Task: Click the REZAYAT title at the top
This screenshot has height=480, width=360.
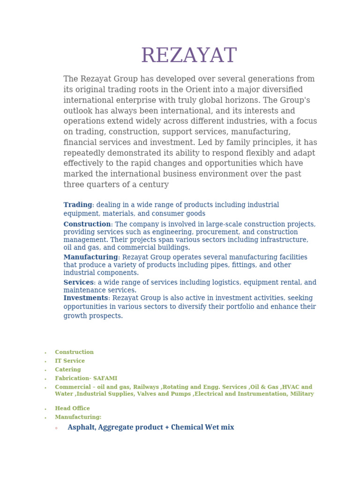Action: pos(189,56)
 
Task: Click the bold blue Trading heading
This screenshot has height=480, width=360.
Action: pos(78,205)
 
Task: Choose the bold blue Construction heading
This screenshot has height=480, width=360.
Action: pos(87,224)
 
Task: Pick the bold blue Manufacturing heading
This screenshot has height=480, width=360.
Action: pos(90,257)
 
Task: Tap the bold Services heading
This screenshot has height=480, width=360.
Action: pos(78,282)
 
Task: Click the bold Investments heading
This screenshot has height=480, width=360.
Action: pos(86,298)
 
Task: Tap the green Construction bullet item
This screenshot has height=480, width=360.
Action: pos(74,352)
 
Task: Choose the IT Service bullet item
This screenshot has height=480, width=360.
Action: pos(70,361)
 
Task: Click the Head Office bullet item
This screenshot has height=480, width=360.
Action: pos(72,408)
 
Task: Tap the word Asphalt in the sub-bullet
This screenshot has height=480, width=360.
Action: pos(81,427)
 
